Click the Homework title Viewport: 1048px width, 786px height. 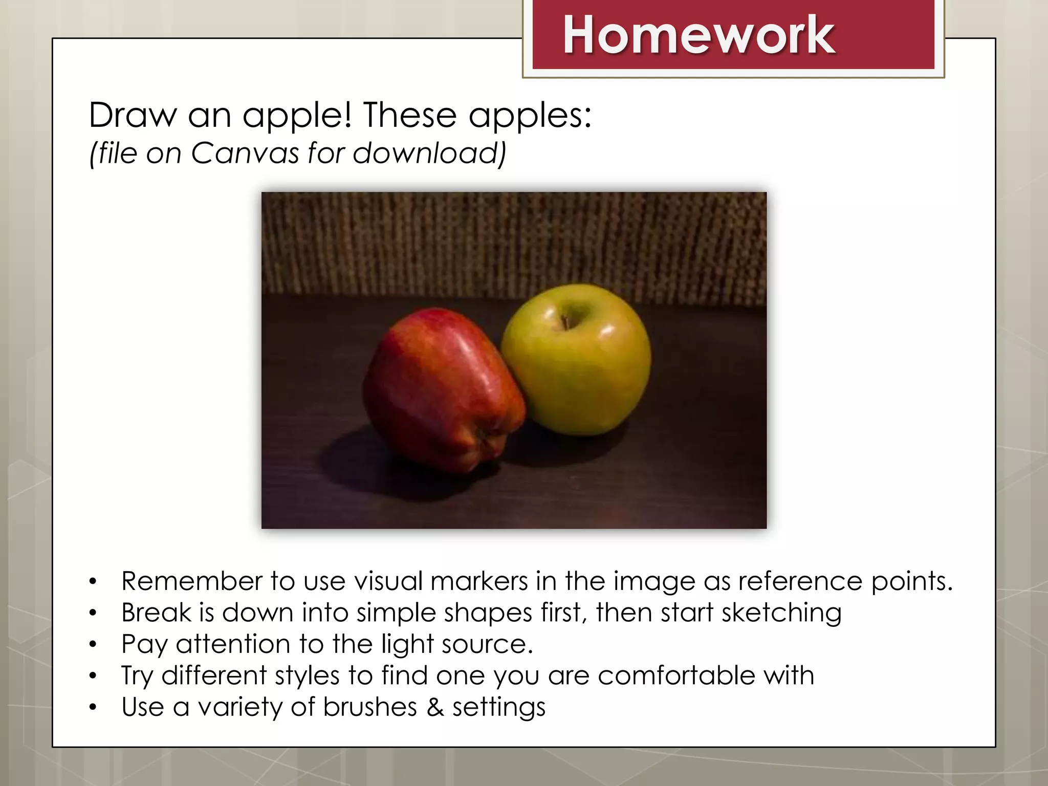(698, 35)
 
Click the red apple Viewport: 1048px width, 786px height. (440, 389)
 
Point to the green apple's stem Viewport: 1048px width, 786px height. (565, 322)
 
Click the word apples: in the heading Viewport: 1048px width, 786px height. (530, 116)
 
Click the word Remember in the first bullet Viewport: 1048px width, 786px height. (191, 581)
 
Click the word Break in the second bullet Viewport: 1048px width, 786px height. (156, 613)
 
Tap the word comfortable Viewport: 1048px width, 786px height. (676, 675)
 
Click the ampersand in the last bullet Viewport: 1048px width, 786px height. (434, 707)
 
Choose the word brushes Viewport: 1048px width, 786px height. (370, 707)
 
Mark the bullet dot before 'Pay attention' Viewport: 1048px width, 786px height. (93, 644)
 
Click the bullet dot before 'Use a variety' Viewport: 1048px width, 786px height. (93, 707)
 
